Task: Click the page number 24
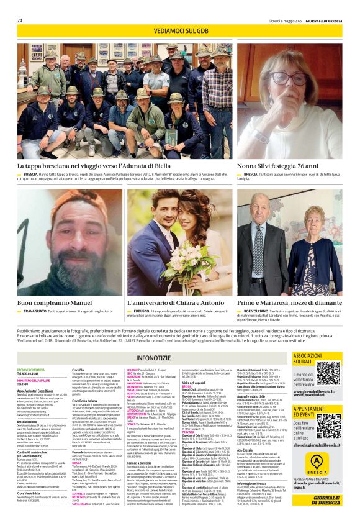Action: coord(20,20)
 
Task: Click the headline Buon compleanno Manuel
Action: coord(55,302)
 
